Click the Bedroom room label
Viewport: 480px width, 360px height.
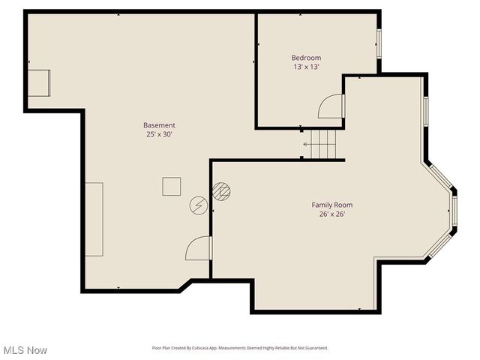(306, 58)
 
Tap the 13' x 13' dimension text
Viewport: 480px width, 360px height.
(306, 67)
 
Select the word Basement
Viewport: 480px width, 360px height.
(160, 125)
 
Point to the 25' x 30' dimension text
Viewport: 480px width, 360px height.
(160, 134)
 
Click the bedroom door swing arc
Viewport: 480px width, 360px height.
(330, 106)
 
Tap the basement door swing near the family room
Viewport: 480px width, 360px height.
(199, 247)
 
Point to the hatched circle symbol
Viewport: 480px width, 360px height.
(220, 190)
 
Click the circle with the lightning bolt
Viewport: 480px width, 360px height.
(199, 205)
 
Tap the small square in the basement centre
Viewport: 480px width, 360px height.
(172, 186)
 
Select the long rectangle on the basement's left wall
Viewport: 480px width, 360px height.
(94, 219)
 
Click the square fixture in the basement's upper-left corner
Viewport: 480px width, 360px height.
(39, 82)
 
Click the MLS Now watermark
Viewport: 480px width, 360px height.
(25, 350)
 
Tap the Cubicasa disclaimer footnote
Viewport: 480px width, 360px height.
(239, 348)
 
